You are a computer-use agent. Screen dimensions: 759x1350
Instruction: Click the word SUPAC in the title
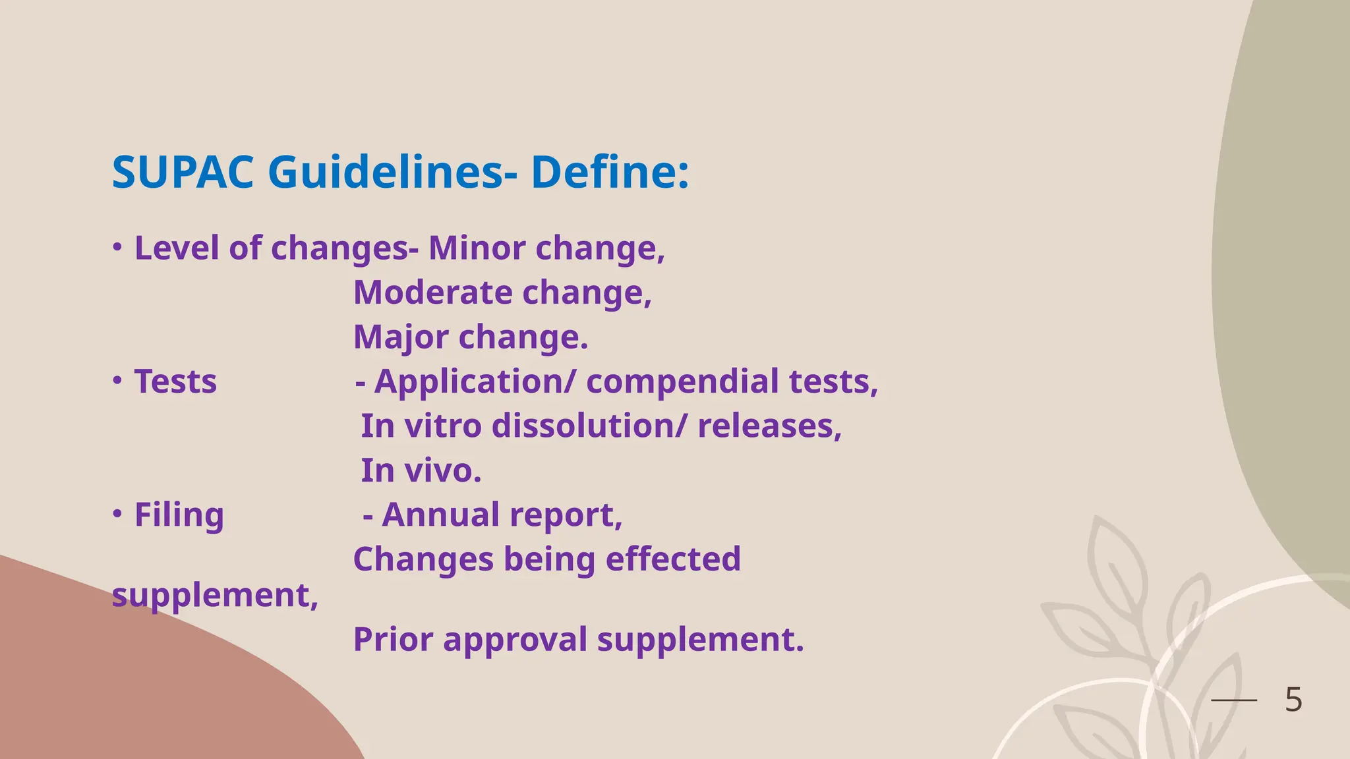pyautogui.click(x=183, y=173)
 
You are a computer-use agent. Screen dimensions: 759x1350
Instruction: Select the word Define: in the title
pyautogui.click(x=610, y=173)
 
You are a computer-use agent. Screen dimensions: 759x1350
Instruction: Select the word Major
pyautogui.click(x=400, y=338)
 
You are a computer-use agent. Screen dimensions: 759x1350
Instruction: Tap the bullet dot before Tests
pyautogui.click(x=117, y=381)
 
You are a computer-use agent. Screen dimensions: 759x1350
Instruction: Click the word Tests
pyautogui.click(x=175, y=382)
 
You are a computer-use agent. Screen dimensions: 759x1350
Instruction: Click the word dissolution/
pyautogui.click(x=589, y=426)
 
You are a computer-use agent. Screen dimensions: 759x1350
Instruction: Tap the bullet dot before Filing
pyautogui.click(x=117, y=514)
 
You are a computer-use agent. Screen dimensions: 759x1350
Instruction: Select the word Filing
pyautogui.click(x=179, y=516)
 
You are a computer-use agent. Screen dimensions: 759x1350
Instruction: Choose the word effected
pyautogui.click(x=673, y=559)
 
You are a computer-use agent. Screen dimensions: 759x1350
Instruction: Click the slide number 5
pyautogui.click(x=1293, y=700)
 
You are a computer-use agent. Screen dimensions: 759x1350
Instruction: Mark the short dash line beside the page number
pyautogui.click(x=1234, y=700)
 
